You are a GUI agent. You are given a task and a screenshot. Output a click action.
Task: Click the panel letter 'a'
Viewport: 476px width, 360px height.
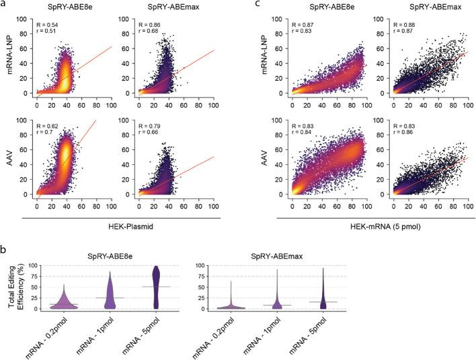point(3,5)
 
